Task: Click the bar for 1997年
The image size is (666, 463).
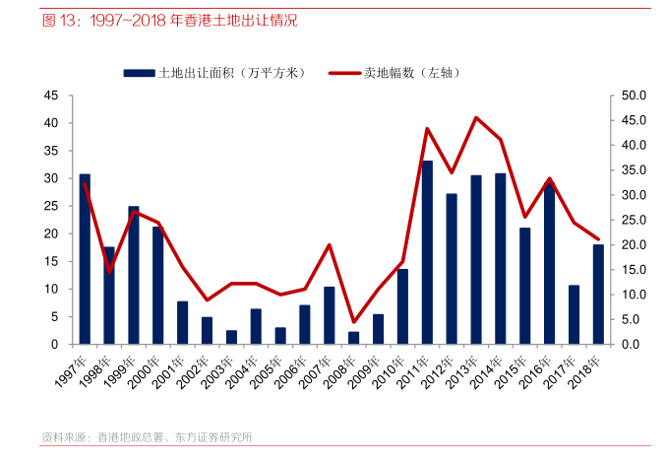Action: coord(85,259)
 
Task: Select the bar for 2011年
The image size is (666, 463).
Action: coord(427,252)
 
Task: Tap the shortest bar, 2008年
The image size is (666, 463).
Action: coord(354,338)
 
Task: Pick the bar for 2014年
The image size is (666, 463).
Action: coord(501,259)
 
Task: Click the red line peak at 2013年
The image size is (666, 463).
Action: coord(476,117)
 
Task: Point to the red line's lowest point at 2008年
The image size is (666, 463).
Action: coord(354,322)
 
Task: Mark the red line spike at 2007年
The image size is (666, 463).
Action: coord(330,244)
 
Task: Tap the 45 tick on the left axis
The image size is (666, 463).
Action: coord(51,96)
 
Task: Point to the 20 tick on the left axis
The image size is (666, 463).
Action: coord(51,234)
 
